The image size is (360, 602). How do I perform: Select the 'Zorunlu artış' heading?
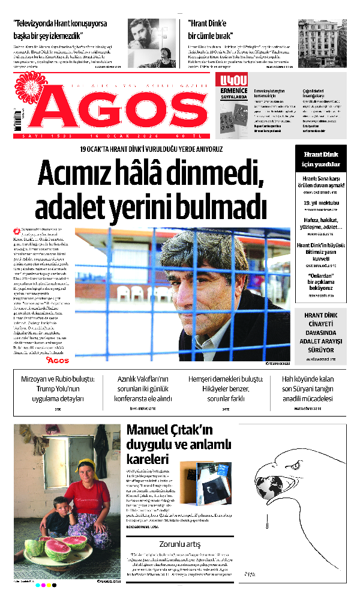click(180, 544)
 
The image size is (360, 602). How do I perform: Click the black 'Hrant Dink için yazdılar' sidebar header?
click(320, 159)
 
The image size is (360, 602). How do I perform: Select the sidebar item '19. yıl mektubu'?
click(320, 203)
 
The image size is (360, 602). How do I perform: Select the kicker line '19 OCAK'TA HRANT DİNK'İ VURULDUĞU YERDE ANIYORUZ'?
click(151, 149)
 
